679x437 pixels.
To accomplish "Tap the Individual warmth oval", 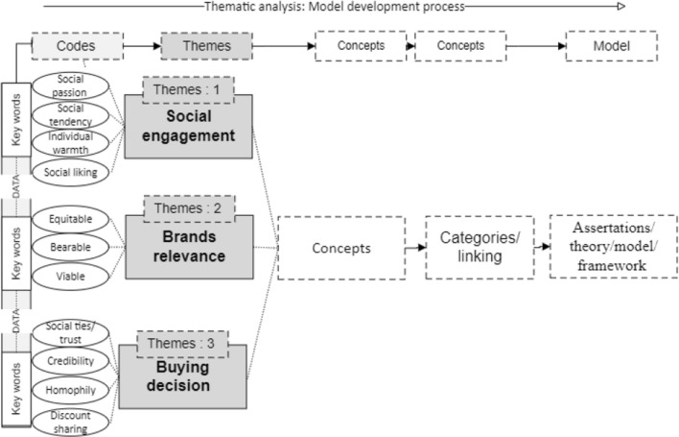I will pyautogui.click(x=71, y=142).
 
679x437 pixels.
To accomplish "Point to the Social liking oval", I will pyautogui.click(x=71, y=172).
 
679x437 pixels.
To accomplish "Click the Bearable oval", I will pyautogui.click(x=71, y=247).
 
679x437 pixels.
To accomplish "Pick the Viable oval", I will pyautogui.click(x=71, y=277).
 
